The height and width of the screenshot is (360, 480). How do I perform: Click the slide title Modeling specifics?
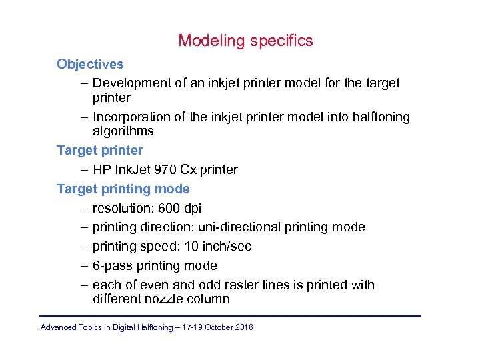[245, 41]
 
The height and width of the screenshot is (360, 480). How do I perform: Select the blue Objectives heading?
[90, 64]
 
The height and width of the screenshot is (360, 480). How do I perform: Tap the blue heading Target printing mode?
[123, 189]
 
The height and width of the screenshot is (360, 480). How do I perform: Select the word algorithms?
[123, 131]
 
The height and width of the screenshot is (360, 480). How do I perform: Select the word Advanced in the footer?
[58, 327]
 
